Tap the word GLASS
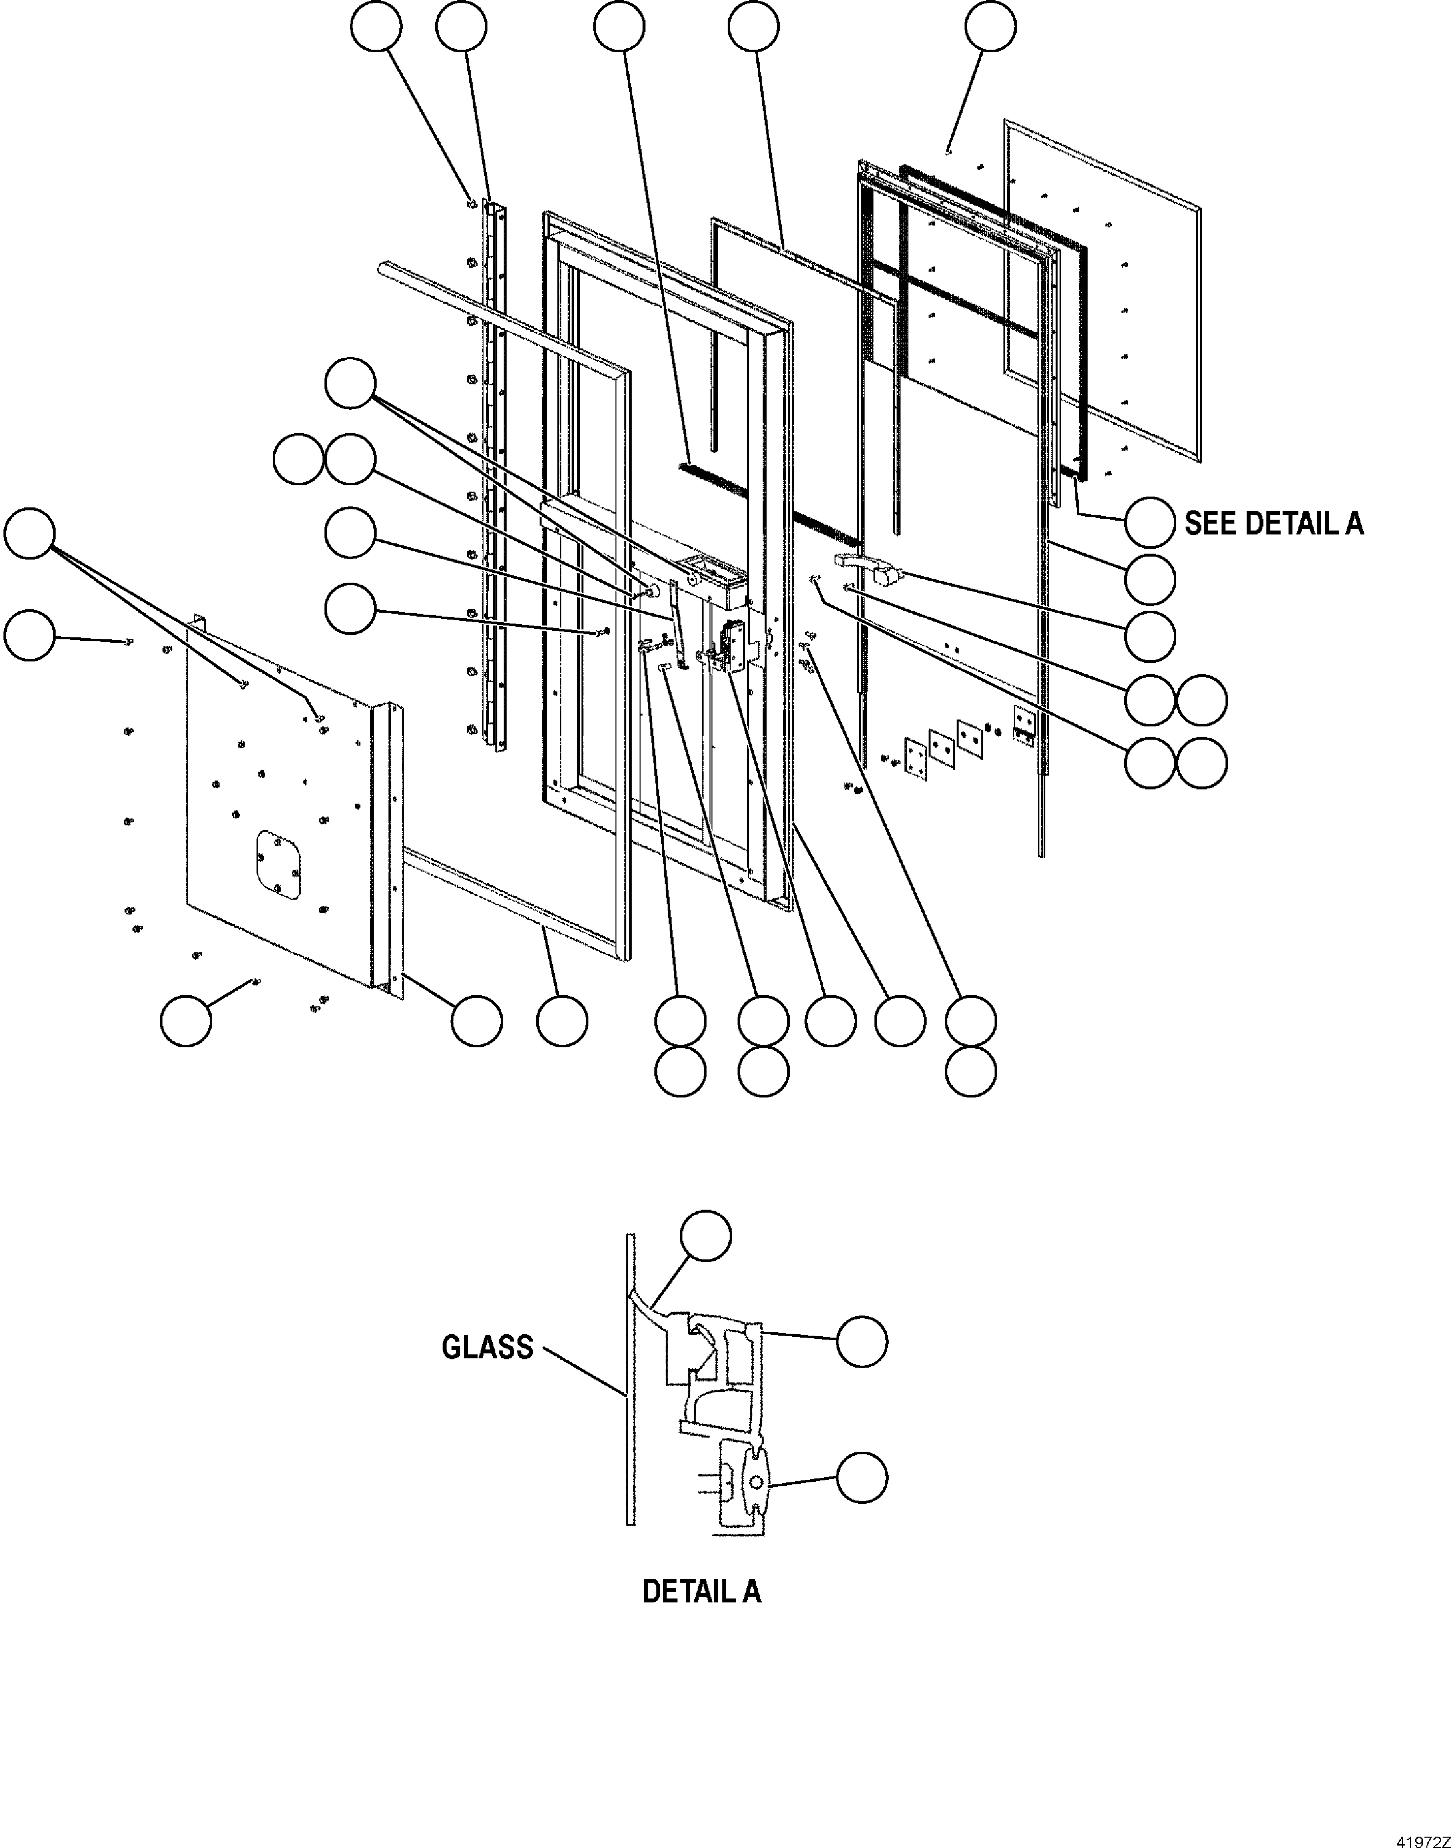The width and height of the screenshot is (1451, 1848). [x=487, y=1347]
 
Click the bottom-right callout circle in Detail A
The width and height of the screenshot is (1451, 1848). [x=862, y=1478]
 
